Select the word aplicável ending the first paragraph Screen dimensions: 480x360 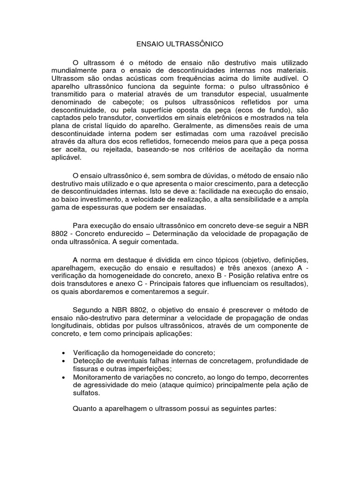pos(66,159)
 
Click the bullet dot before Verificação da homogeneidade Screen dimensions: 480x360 pos(64,352)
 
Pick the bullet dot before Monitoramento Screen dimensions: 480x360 pos(64,377)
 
